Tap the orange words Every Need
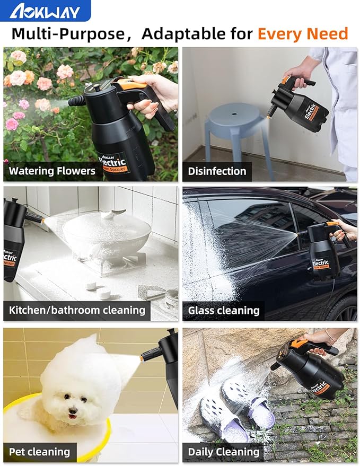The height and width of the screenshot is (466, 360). [303, 34]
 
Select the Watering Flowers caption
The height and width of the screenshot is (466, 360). [52, 171]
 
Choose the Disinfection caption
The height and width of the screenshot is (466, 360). [217, 171]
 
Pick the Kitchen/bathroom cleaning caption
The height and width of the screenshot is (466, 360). [77, 310]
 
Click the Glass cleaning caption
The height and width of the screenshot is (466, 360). [223, 310]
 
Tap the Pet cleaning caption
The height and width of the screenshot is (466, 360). [40, 452]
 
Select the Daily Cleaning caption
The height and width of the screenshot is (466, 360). [223, 452]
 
